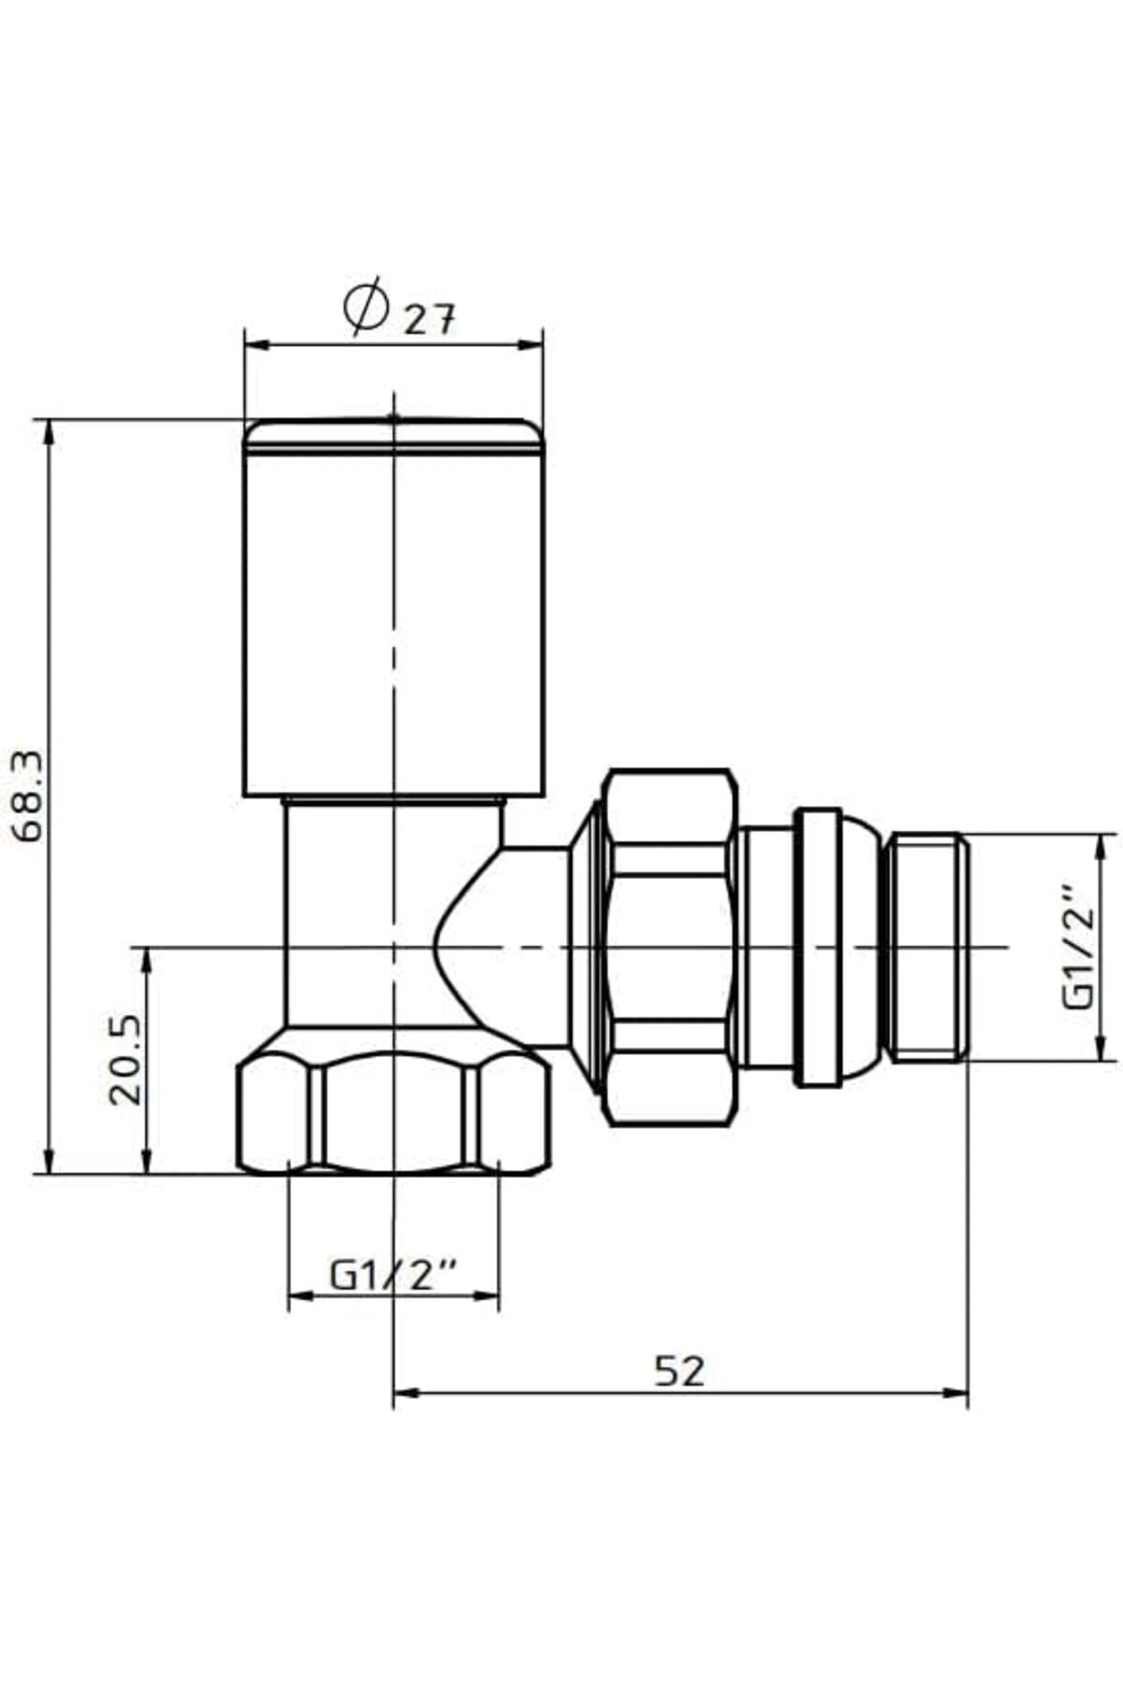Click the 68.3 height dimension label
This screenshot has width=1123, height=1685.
[x=28, y=797]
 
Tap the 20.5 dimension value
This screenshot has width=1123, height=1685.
[x=125, y=1060]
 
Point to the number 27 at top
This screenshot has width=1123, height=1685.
[x=430, y=321]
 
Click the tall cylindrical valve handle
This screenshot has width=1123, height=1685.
[x=394, y=608]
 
